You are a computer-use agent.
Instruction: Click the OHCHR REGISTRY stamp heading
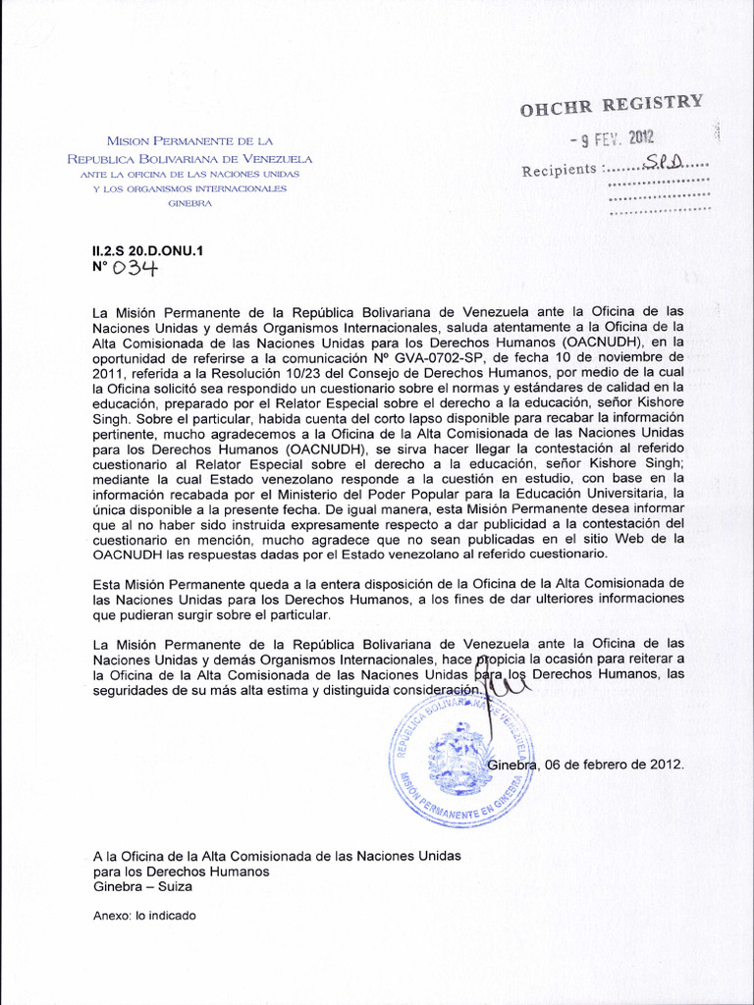point(613,106)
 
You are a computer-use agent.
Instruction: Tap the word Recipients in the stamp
point(559,170)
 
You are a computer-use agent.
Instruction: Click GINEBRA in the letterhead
point(189,203)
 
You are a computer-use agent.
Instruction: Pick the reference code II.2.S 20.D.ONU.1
point(146,250)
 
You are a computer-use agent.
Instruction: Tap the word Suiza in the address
point(172,886)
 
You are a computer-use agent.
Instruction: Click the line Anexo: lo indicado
point(144,916)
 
